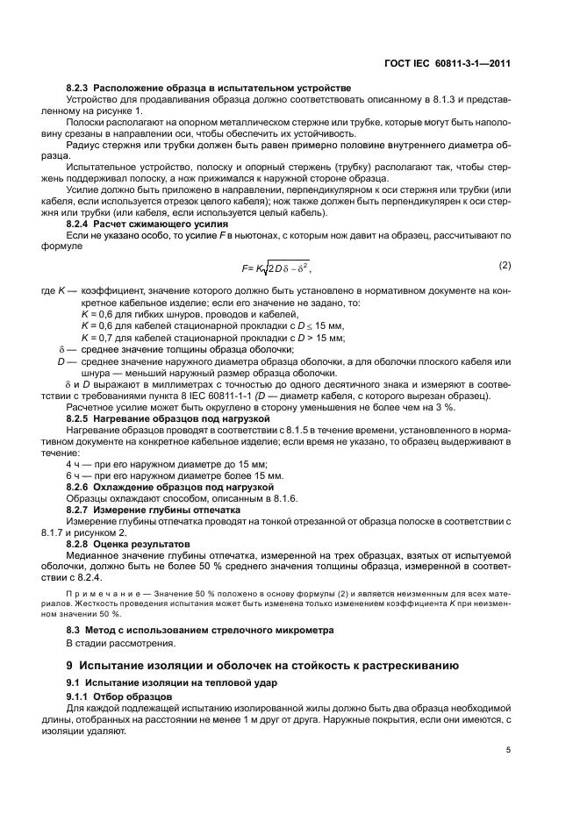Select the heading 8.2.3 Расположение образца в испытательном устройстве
pos(209,88)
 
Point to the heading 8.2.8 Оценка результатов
pos(130,544)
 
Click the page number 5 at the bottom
pos(508,750)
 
